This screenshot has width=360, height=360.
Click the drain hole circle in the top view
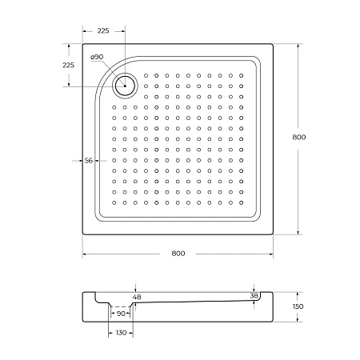(x=126, y=83)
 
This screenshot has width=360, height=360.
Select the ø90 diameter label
(x=97, y=57)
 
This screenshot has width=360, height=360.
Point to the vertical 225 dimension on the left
(x=68, y=65)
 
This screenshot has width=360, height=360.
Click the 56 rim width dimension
(x=89, y=161)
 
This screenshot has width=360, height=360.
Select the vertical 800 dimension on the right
(x=298, y=137)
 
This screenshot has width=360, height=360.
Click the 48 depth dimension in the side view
(x=136, y=298)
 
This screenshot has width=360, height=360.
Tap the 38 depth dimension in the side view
(x=254, y=295)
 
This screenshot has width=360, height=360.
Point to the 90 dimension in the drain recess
(x=121, y=314)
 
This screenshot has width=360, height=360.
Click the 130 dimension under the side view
(x=121, y=333)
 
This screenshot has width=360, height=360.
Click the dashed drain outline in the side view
(x=121, y=306)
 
